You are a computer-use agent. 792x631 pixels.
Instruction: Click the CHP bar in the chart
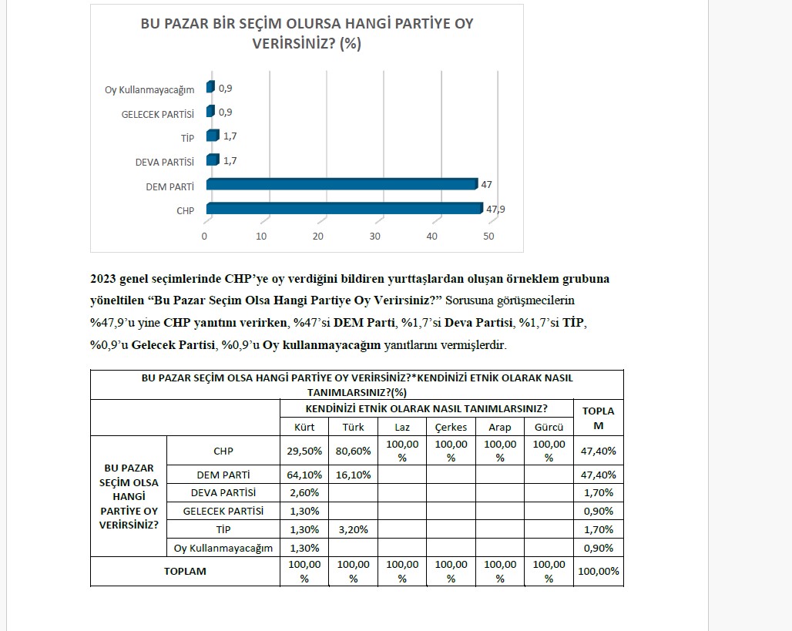pyautogui.click(x=344, y=209)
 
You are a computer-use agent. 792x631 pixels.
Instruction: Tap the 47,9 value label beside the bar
pyautogui.click(x=495, y=210)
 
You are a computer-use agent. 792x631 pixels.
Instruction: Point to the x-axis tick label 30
pyautogui.click(x=375, y=237)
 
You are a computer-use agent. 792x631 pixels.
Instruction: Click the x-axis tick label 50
pyautogui.click(x=488, y=237)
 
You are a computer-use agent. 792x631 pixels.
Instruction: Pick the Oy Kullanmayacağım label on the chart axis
pyautogui.click(x=149, y=90)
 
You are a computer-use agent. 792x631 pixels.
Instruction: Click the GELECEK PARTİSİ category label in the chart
pyautogui.click(x=157, y=114)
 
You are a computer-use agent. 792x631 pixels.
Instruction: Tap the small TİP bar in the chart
pyautogui.click(x=212, y=136)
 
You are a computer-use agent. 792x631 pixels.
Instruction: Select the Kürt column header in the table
pyautogui.click(x=304, y=427)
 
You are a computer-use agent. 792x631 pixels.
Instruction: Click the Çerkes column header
pyautogui.click(x=451, y=427)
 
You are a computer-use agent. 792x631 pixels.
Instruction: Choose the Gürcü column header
pyautogui.click(x=549, y=427)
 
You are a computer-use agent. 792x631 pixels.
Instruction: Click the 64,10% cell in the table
pyautogui.click(x=304, y=475)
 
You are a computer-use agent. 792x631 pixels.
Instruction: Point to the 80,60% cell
pyautogui.click(x=354, y=451)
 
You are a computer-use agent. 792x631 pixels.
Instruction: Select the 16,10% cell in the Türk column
pyautogui.click(x=354, y=475)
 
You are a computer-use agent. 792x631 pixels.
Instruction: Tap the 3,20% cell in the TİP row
pyautogui.click(x=354, y=529)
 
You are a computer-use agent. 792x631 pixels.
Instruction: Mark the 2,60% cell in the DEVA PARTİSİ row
pyautogui.click(x=304, y=492)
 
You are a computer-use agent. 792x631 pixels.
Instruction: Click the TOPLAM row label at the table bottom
pyautogui.click(x=185, y=572)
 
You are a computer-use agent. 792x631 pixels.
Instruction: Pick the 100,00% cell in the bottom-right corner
pyautogui.click(x=598, y=572)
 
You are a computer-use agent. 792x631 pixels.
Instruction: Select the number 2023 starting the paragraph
pyautogui.click(x=103, y=279)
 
